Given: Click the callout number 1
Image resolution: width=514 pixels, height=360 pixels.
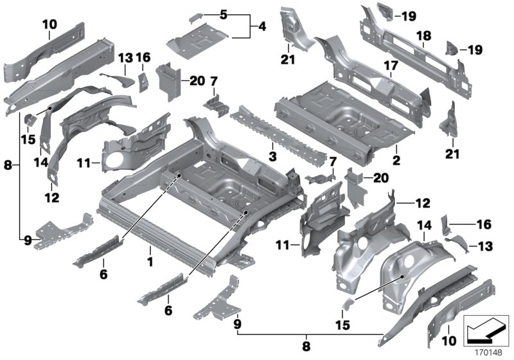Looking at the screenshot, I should [150, 262].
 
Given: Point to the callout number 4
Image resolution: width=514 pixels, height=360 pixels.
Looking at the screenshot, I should [262, 27].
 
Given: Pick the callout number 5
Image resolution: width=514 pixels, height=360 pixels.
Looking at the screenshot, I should [223, 14].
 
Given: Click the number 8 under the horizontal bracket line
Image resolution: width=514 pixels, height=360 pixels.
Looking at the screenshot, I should [306, 345].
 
